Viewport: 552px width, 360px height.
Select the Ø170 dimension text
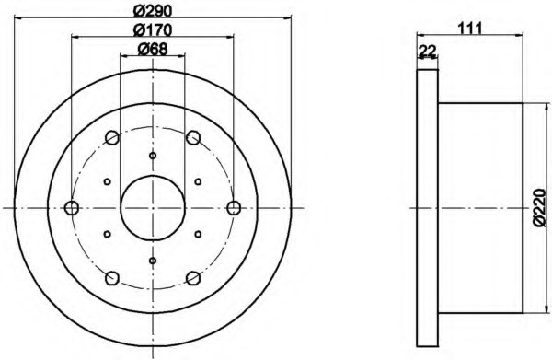[x=153, y=29]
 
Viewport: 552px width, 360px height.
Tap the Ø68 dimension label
[x=153, y=49]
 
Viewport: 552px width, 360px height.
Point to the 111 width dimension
[x=469, y=28]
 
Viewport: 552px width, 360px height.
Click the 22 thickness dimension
[x=428, y=51]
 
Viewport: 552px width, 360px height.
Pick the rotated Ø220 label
[x=540, y=208]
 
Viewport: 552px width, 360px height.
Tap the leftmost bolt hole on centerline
[x=72, y=208]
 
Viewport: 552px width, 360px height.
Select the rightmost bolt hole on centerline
[x=234, y=208]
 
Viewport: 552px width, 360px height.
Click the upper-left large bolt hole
[x=112, y=137]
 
